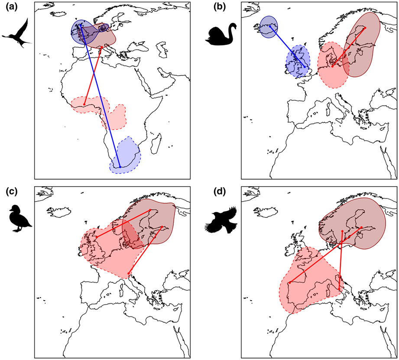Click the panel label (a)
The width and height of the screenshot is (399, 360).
tap(9, 7)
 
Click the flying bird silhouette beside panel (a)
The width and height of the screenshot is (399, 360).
tap(17, 34)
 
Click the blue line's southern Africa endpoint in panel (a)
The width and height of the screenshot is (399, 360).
tap(120, 167)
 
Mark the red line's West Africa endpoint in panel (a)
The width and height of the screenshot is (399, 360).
tap(84, 104)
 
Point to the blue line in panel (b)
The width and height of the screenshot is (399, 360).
tap(289, 46)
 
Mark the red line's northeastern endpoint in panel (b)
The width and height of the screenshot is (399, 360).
tap(365, 28)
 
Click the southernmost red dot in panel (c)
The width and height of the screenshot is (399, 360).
tap(129, 272)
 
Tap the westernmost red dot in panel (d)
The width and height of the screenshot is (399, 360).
tap(289, 283)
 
